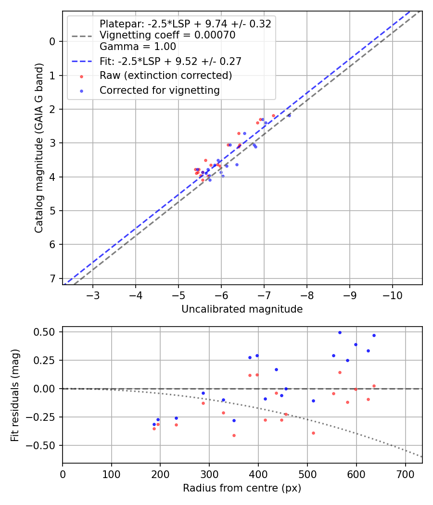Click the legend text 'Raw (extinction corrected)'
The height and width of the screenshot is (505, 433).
(166, 76)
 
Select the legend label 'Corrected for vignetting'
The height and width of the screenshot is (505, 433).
(159, 90)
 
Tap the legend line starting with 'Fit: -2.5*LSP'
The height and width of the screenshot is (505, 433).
(170, 61)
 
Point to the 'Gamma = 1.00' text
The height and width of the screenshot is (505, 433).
(138, 47)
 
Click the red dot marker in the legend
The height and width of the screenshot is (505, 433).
(81, 76)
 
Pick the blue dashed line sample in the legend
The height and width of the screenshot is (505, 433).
(81, 62)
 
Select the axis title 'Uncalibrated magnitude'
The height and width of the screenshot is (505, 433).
(242, 309)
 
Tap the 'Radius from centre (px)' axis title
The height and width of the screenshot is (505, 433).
(242, 488)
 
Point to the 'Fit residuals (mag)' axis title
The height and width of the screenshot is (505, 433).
(15, 395)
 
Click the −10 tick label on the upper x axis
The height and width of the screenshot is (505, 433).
(392, 295)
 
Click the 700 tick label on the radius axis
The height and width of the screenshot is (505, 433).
(405, 473)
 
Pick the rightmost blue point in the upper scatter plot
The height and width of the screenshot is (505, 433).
(289, 115)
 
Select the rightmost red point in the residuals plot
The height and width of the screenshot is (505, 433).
(374, 386)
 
